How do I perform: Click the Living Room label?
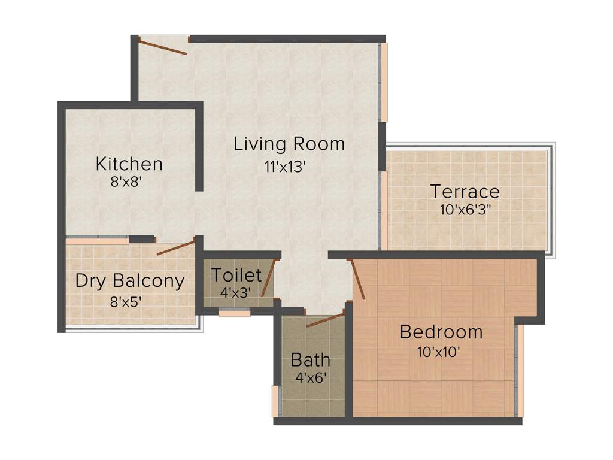click(x=289, y=144)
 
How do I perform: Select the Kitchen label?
click(x=129, y=164)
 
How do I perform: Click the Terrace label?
click(x=465, y=192)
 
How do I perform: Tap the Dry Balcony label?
click(x=130, y=281)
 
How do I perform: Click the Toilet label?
click(x=236, y=276)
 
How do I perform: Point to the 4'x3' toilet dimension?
click(x=235, y=293)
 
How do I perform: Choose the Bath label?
click(x=310, y=360)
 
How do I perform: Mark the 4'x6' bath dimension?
click(x=310, y=378)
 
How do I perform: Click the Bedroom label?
click(x=441, y=332)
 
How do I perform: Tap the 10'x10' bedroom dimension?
click(x=438, y=352)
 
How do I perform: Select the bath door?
click(x=325, y=320)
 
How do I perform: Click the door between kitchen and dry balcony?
click(x=176, y=248)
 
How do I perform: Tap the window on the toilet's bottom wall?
click(x=234, y=312)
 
